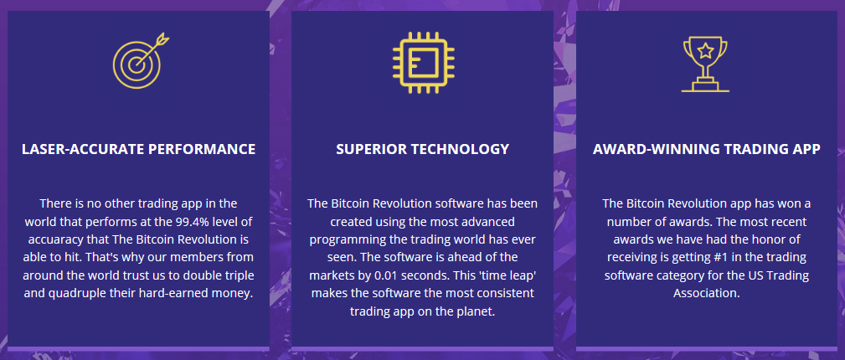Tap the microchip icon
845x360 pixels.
click(x=423, y=62)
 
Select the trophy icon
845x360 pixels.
click(x=705, y=64)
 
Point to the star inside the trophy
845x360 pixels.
click(x=705, y=51)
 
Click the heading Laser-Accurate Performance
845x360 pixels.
click(x=138, y=149)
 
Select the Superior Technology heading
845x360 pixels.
click(x=422, y=149)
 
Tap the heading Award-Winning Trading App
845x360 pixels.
click(x=707, y=149)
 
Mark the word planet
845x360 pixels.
click(x=477, y=312)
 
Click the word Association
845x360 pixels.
click(x=707, y=294)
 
